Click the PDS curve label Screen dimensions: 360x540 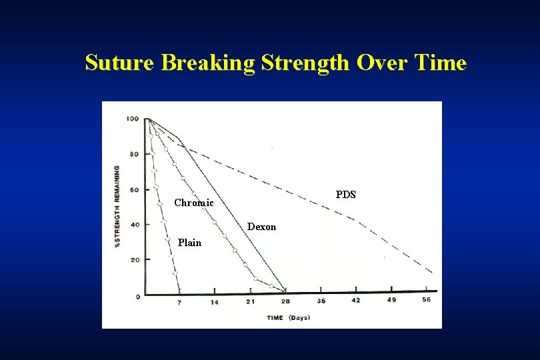coord(345,195)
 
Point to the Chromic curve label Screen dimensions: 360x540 coord(193,203)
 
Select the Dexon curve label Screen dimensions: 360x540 coord(261,227)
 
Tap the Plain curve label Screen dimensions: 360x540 coord(189,243)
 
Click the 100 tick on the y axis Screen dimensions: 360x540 coord(132,119)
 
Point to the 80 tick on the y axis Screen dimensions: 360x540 coord(134,154)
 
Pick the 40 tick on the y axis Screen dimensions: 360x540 coord(134,225)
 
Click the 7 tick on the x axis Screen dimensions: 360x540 coord(179,302)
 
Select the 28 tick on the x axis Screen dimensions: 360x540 coord(285,302)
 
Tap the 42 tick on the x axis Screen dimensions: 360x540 coord(356,301)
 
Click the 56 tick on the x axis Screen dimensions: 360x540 coord(427,301)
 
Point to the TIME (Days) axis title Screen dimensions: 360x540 coord(288,318)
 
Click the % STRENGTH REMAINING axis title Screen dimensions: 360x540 coord(117,206)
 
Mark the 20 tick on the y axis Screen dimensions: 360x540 coord(134,260)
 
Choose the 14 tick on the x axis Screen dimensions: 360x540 coord(214,302)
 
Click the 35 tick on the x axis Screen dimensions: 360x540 coord(321,301)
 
